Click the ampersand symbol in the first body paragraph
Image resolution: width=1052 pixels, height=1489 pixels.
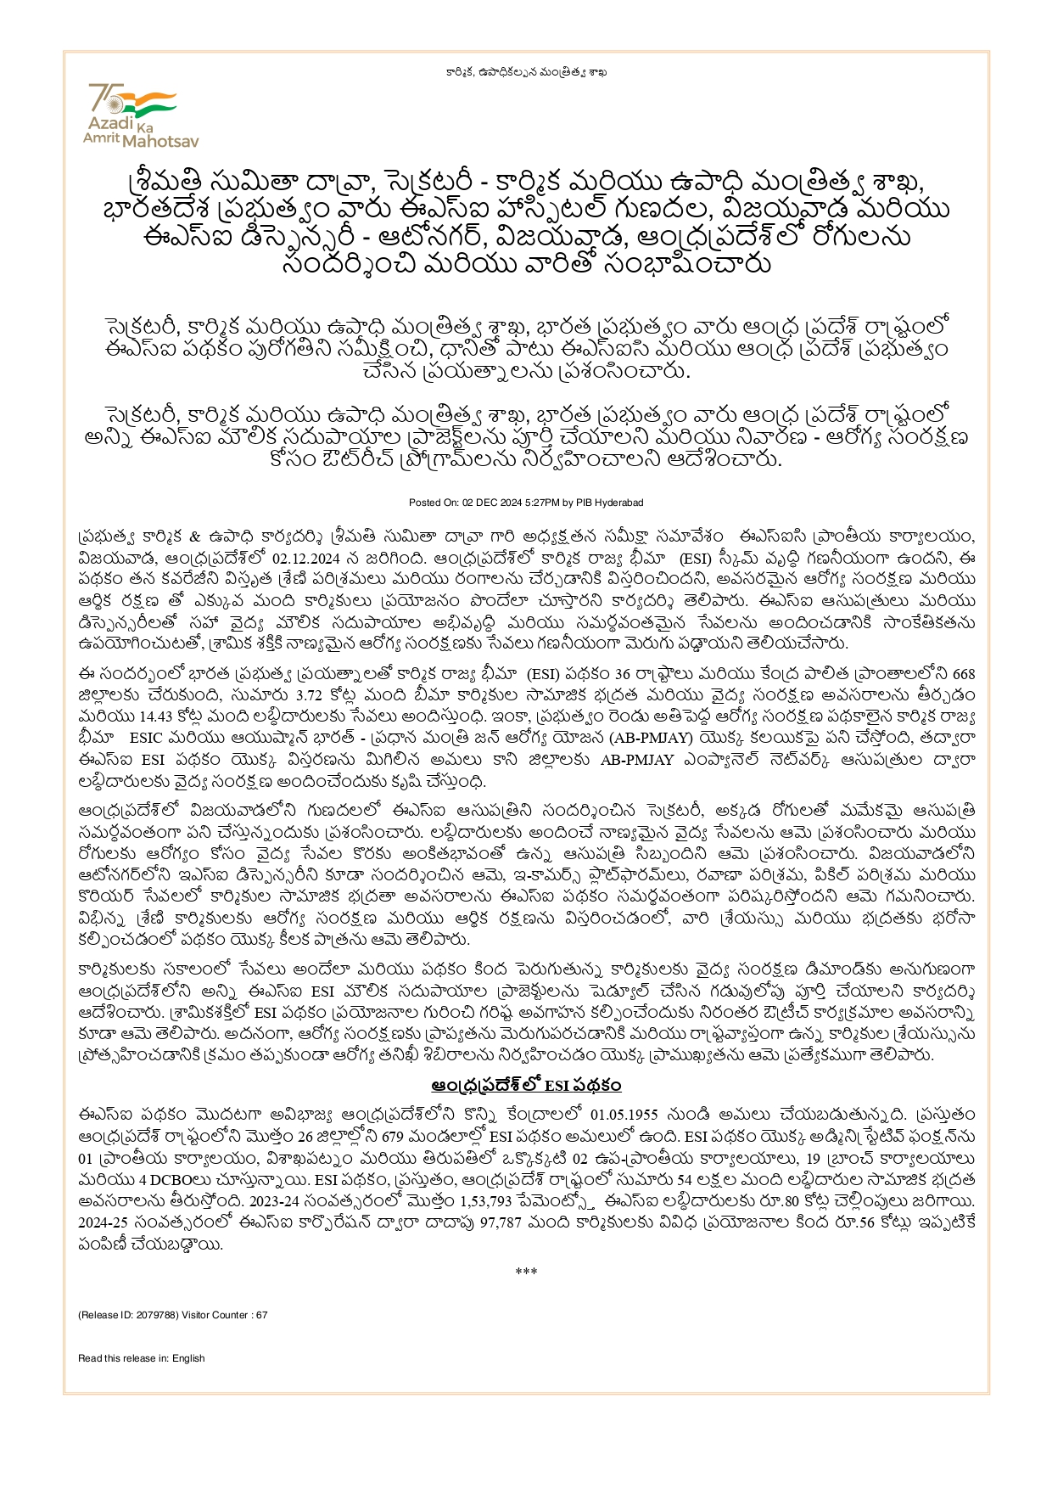coord(193,537)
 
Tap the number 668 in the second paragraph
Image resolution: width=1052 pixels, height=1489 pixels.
coord(964,674)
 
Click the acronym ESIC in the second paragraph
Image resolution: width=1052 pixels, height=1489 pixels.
coord(147,739)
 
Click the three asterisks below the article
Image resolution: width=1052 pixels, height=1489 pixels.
coord(526,1272)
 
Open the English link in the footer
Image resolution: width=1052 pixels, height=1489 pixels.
coord(188,1358)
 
